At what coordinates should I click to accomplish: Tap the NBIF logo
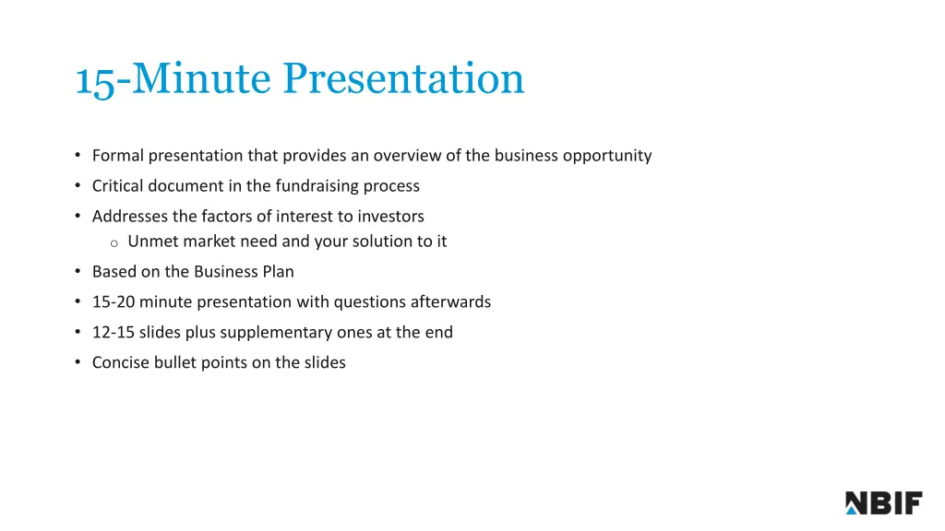point(883,502)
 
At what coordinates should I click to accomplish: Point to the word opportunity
point(605,156)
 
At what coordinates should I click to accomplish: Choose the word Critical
point(118,186)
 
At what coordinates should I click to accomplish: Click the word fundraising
point(315,186)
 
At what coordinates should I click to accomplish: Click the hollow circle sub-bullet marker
point(114,243)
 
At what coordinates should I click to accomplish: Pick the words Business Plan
point(244,272)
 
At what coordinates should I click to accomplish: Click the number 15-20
point(114,302)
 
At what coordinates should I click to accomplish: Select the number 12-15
point(114,333)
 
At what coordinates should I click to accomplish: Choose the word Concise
point(121,363)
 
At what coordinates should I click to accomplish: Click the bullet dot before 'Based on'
point(78,272)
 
